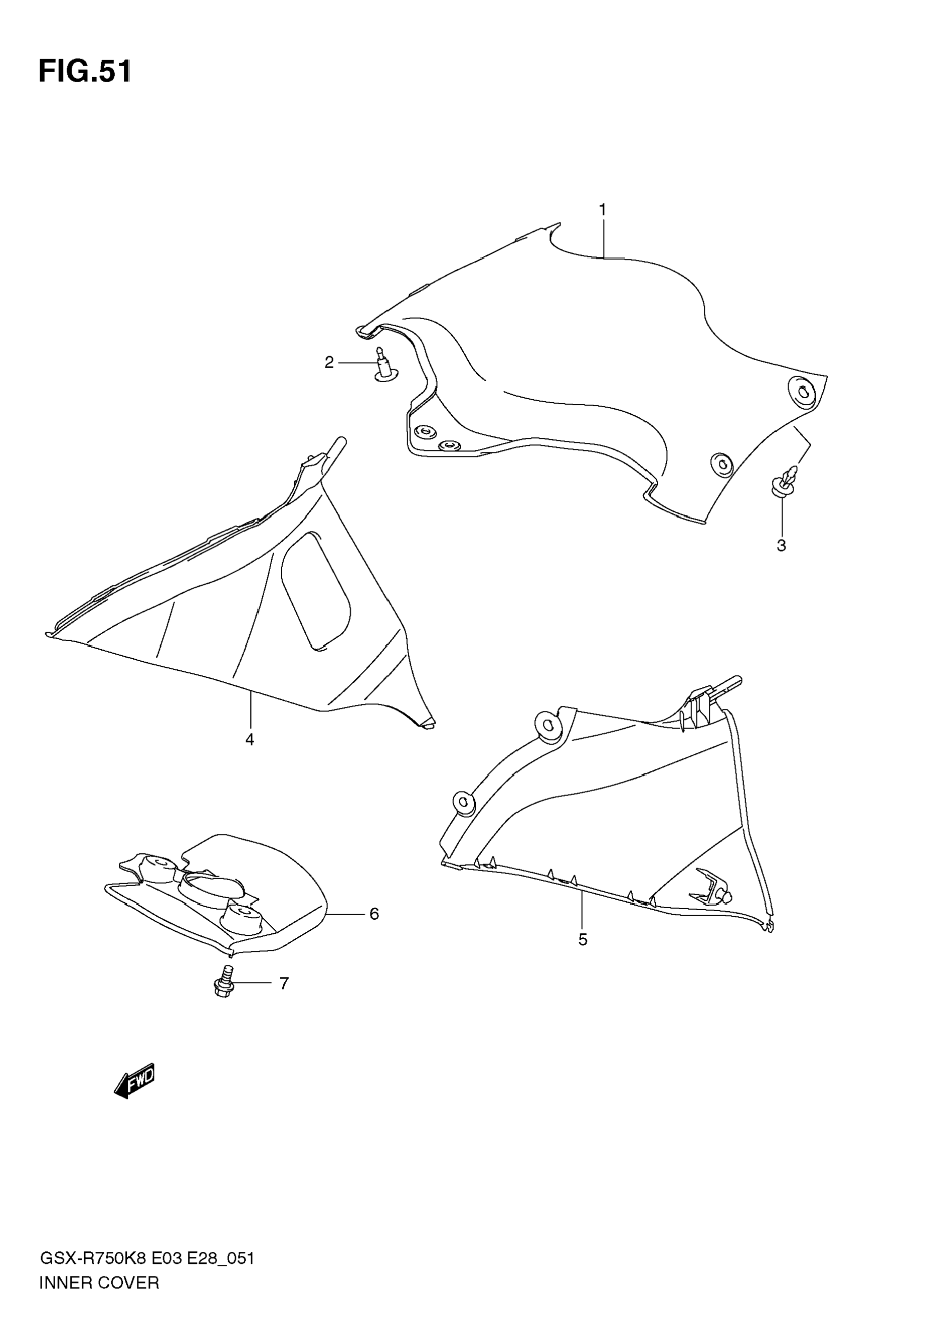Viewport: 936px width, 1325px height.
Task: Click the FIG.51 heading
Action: [x=85, y=72]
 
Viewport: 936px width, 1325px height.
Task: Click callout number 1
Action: [x=602, y=210]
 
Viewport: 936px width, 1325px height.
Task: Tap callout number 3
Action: [x=781, y=546]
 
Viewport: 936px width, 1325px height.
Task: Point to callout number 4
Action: [x=250, y=739]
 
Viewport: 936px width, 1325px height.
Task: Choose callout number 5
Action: [x=583, y=939]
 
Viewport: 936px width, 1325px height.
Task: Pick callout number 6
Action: [x=373, y=914]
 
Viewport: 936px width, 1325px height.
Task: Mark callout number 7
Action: [x=284, y=983]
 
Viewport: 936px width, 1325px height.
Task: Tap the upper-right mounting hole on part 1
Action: [x=803, y=392]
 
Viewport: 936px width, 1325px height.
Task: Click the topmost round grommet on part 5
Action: [x=547, y=725]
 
